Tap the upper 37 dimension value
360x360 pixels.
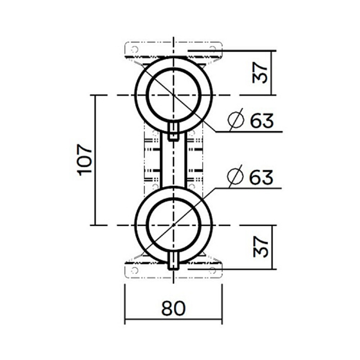[261, 73]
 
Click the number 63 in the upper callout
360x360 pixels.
[261, 121]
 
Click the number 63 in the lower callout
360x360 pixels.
[261, 177]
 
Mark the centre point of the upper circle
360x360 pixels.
[174, 95]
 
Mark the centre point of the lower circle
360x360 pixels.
[174, 225]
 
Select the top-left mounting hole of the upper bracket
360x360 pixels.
[134, 49]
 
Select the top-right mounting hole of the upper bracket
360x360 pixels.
[213, 49]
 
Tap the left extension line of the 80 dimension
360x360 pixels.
[125, 303]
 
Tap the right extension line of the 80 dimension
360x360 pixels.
[222, 303]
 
